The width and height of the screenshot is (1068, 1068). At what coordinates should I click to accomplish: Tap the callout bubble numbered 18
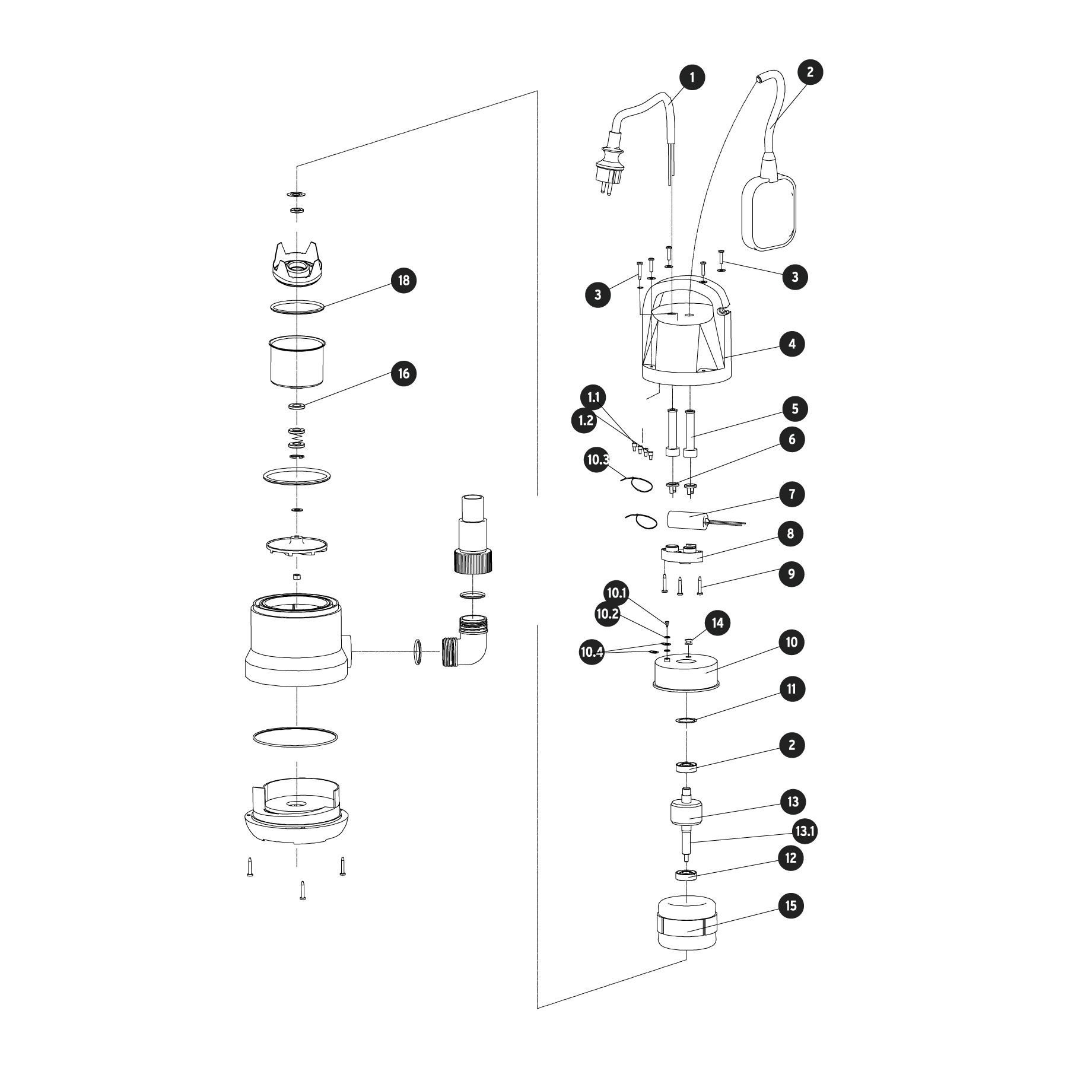tap(403, 280)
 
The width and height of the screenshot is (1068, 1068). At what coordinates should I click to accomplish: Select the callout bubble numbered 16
tap(403, 373)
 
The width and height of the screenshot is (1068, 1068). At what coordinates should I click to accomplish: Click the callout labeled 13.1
tap(805, 831)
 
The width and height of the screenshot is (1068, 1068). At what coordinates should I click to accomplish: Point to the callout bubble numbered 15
tap(792, 905)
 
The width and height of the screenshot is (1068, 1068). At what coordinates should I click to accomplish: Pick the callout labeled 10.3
tap(597, 460)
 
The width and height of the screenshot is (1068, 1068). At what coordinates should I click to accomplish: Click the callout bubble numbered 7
tap(792, 494)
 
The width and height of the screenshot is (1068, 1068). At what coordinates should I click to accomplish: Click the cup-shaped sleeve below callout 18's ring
tap(297, 362)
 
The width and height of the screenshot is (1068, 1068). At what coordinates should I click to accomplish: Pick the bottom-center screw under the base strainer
tap(303, 891)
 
